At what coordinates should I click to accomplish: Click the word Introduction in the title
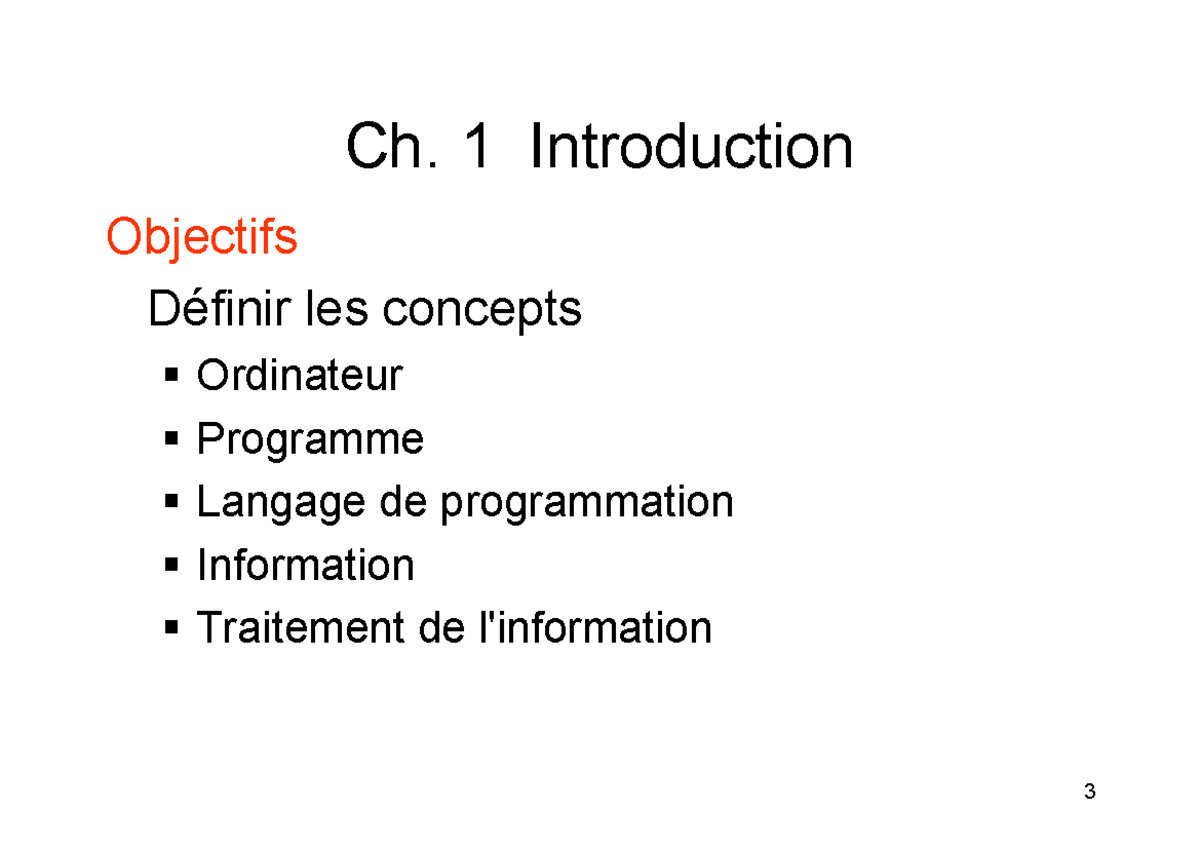point(691,148)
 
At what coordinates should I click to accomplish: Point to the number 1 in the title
point(477,148)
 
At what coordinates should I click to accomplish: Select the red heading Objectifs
point(201,238)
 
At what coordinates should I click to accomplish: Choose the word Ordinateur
point(299,376)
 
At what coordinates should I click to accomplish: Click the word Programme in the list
point(310,440)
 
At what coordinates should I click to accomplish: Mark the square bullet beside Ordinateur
point(172,377)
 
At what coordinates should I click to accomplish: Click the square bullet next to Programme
point(172,440)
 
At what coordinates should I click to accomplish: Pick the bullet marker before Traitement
point(172,629)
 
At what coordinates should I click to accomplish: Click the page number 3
point(1089,793)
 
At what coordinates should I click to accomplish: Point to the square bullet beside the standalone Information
point(172,566)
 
